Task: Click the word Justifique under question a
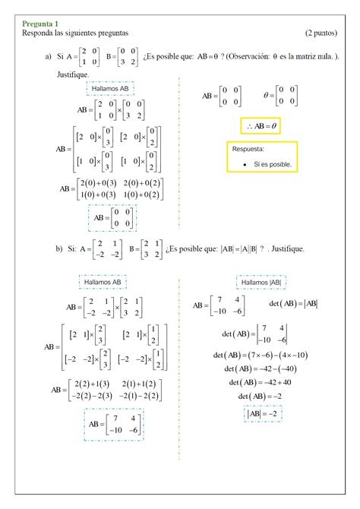tap(72, 75)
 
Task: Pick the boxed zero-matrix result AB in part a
tap(112, 218)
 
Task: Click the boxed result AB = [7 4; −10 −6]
tap(112, 425)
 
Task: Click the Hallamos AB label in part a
tap(111, 89)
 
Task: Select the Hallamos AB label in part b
tap(103, 283)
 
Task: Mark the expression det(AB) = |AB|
tap(293, 305)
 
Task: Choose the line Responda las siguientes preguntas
tap(75, 33)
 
